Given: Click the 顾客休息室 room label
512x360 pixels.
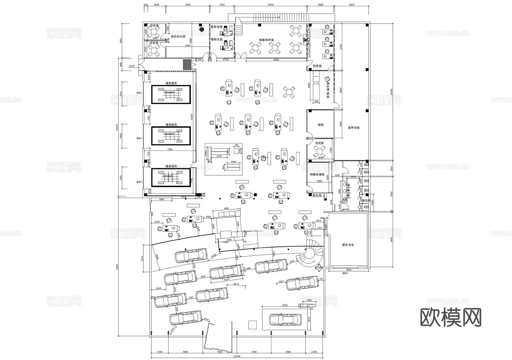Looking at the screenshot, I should coord(266,40).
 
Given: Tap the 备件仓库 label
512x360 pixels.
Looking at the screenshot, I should coord(354,128).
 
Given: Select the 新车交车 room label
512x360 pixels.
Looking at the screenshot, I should coord(348,245).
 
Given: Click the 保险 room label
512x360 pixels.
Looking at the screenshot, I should coord(320,125).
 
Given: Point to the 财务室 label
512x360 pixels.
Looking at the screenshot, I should coord(317,66).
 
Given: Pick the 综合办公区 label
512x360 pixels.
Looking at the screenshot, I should coord(178,36).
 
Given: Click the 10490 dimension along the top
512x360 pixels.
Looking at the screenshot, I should coord(271,5).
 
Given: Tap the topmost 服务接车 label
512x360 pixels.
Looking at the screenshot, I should coord(171,83).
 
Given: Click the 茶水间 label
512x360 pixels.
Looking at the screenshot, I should coord(317,196).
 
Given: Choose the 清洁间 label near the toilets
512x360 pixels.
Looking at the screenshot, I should coord(366,201).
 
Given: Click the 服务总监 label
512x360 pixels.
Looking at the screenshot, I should coord(216,39).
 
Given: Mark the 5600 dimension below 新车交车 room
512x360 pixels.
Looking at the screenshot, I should coord(348,270).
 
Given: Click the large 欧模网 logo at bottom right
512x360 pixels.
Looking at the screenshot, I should coord(451,317).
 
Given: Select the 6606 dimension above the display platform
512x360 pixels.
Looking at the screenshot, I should coord(284,305).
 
